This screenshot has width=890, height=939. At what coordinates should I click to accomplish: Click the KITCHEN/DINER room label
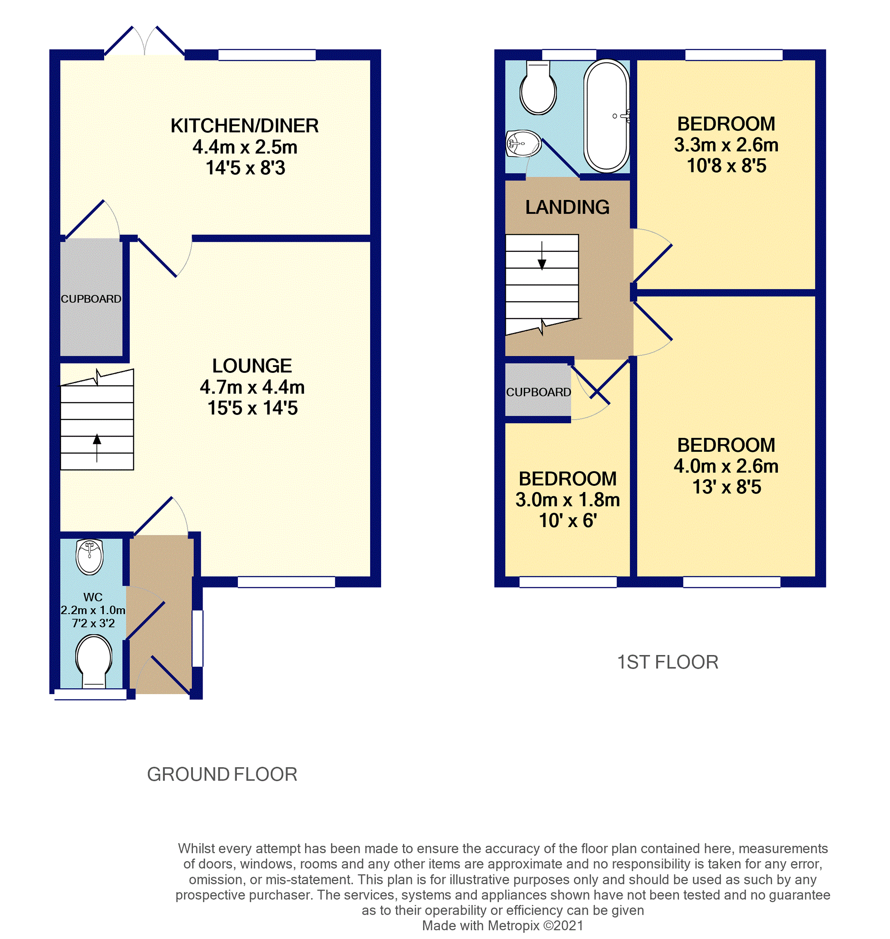click(244, 126)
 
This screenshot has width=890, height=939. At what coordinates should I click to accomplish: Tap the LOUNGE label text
click(252, 366)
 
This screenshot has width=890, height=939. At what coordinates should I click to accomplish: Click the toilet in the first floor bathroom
click(538, 88)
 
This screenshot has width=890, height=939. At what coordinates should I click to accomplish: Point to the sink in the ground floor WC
click(90, 557)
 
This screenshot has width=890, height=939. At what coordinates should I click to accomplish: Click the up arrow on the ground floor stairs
click(97, 448)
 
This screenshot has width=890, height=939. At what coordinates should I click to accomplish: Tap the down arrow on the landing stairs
click(542, 256)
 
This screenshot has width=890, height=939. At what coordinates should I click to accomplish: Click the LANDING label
click(567, 207)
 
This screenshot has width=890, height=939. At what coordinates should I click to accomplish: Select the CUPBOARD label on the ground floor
click(91, 299)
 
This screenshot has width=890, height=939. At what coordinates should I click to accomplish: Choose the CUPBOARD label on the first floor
click(538, 392)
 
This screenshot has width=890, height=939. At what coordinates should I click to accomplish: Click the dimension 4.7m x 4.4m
click(252, 387)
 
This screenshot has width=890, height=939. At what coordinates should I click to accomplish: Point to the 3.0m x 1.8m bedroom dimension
click(567, 500)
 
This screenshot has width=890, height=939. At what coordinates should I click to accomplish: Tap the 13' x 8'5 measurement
click(727, 487)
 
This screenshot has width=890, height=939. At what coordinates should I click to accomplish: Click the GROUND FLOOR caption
click(222, 774)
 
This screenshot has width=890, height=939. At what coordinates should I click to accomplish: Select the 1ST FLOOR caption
click(668, 662)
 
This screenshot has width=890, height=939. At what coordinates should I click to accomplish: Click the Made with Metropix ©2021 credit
click(502, 926)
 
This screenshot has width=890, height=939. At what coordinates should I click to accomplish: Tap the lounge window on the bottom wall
click(286, 582)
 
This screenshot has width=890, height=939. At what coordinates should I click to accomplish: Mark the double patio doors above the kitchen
click(144, 41)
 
